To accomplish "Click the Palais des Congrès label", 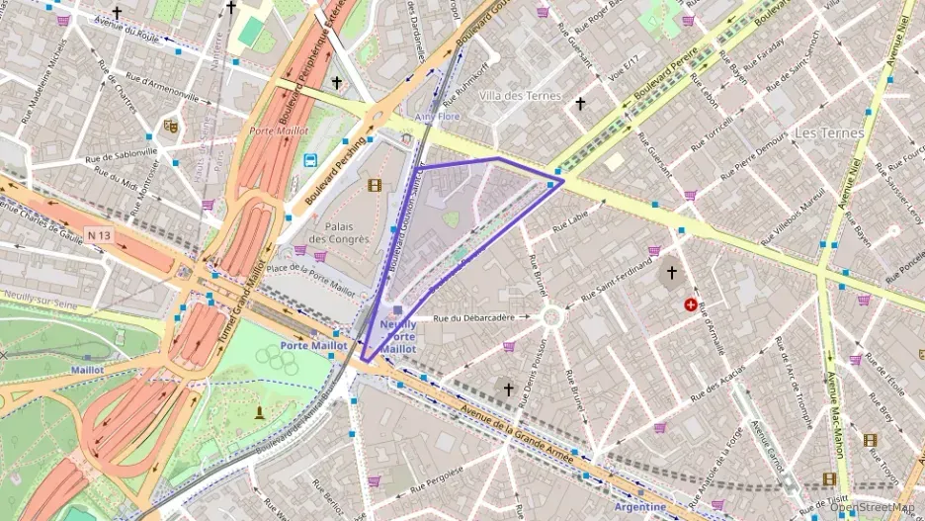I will coord(339,232).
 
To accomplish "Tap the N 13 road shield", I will coord(99,235).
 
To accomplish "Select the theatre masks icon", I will coord(171,127).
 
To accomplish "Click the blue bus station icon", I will coord(310,160).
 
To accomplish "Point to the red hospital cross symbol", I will coord(690,305).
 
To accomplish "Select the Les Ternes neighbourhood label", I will coord(829,132).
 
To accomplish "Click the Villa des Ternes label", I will coord(519,96).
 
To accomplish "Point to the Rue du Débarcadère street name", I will coord(474,318).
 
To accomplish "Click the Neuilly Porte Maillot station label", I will coord(397,336).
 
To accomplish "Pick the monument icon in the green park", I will coord(260,411).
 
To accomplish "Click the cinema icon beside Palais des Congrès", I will coord(374,185).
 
